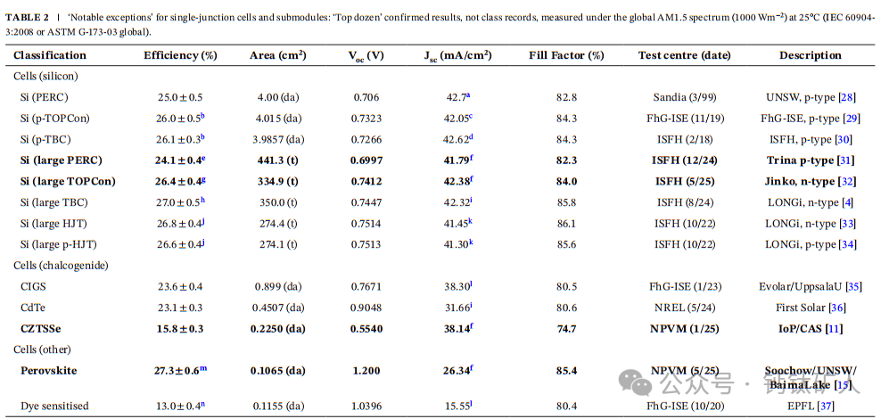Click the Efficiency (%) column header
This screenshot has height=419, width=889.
coord(180,55)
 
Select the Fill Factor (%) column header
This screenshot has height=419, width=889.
coord(566,55)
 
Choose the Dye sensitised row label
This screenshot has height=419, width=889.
coord(54,406)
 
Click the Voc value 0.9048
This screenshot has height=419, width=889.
coord(366,308)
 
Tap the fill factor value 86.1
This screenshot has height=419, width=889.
coord(566,223)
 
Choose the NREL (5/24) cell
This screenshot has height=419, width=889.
coord(684,308)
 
